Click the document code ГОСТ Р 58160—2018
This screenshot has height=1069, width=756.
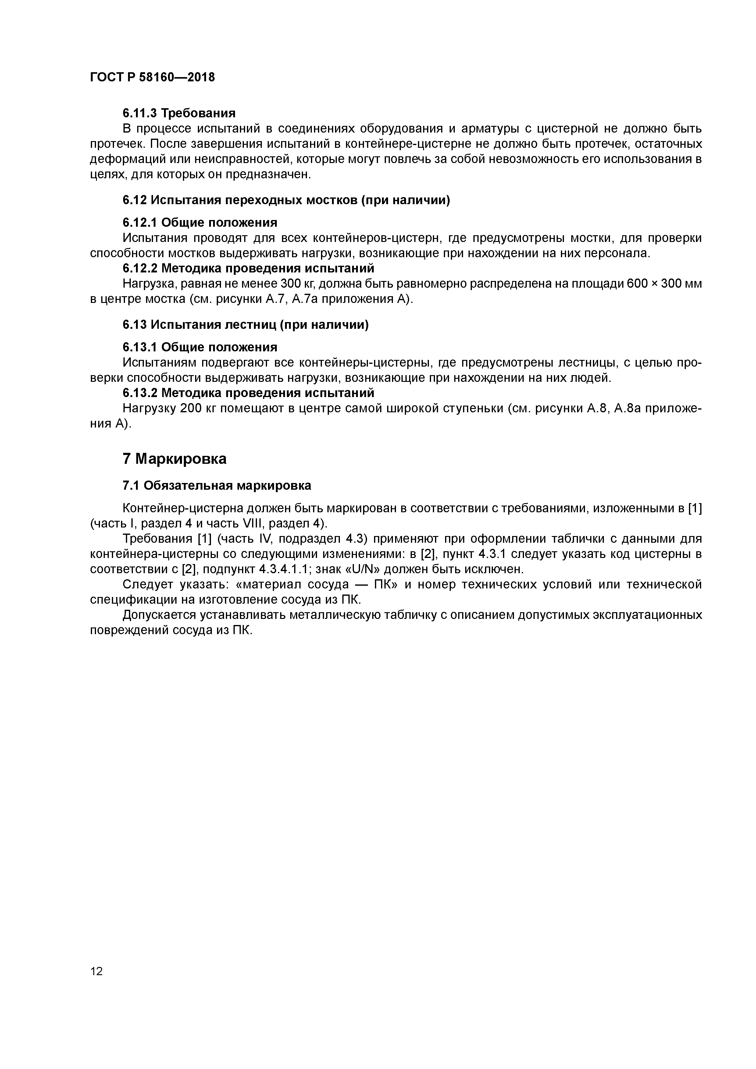click(x=152, y=77)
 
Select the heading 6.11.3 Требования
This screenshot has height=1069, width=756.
click(x=179, y=113)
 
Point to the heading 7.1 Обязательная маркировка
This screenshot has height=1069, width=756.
click(x=217, y=486)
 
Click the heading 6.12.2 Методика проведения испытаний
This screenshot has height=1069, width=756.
click(x=248, y=269)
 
